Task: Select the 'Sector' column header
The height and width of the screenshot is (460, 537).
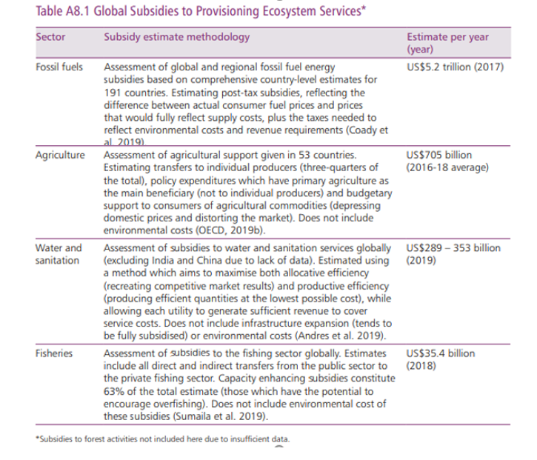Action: [x=50, y=37]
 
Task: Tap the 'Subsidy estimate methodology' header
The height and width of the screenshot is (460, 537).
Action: [x=176, y=37]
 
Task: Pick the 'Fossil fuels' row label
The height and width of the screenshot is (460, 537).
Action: [x=59, y=67]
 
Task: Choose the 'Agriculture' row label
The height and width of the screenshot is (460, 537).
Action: [x=60, y=156]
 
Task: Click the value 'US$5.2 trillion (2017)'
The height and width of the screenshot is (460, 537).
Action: [x=455, y=67]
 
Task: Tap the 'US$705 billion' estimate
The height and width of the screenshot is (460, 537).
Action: [x=439, y=156]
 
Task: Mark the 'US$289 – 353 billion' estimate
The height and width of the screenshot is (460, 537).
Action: [x=453, y=248]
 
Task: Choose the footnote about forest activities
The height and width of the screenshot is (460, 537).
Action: [x=163, y=439]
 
